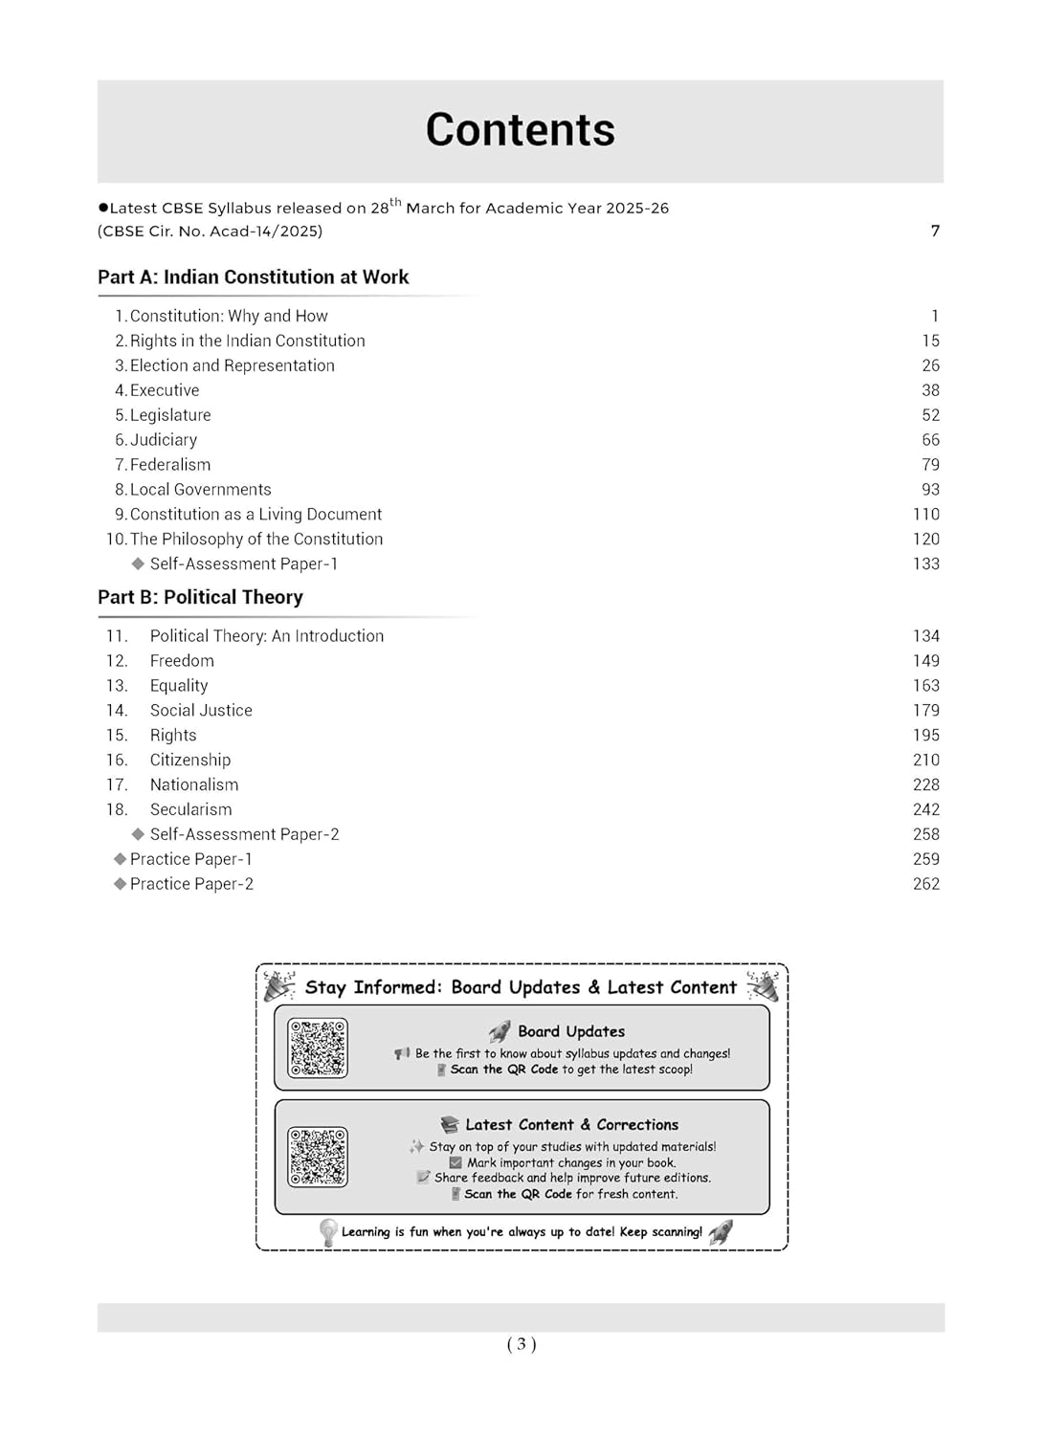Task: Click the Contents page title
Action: coord(520,130)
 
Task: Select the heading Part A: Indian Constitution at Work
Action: coord(253,277)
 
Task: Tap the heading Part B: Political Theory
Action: coord(200,597)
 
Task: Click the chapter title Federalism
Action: coord(170,465)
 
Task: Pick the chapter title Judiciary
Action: coord(164,440)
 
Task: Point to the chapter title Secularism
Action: coord(190,809)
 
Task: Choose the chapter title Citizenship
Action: coord(190,760)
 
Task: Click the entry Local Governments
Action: coord(200,490)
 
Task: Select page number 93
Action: coord(930,490)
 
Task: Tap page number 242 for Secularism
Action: coord(925,809)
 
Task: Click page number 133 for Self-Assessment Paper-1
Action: coord(925,564)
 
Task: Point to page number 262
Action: coord(925,884)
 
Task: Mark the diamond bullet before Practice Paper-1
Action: coord(120,859)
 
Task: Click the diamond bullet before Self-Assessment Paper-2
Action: coord(138,834)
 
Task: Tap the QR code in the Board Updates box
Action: coord(318,1049)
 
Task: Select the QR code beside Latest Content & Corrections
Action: coord(318,1157)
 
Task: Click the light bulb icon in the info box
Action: coord(328,1232)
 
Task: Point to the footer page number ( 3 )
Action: coord(522,1344)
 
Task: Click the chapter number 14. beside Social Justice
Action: coord(117,710)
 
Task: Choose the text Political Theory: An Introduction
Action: coord(267,636)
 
